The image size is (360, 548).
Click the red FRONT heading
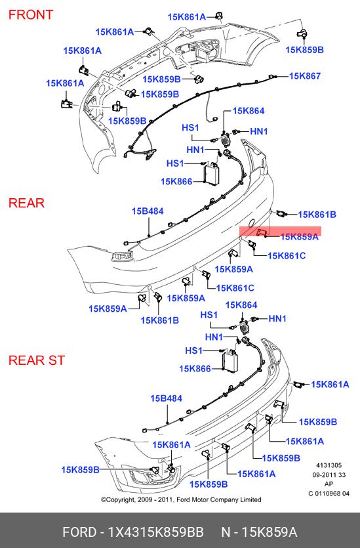[31, 14]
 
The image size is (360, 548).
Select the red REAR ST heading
[37, 360]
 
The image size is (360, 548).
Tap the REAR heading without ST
[26, 203]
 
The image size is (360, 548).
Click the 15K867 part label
[305, 76]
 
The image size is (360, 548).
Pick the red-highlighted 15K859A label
[299, 237]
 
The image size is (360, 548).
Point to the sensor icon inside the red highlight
[262, 232]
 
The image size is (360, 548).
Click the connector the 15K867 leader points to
[272, 77]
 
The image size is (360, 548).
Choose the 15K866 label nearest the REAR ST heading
[195, 369]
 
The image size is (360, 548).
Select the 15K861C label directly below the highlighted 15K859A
[287, 256]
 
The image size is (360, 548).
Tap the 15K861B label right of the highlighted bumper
[317, 215]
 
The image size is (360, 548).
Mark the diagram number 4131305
[329, 465]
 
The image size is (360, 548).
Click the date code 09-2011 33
[329, 474]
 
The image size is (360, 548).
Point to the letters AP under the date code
[329, 484]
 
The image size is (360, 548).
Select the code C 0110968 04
[329, 494]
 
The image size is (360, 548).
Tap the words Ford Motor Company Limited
[219, 500]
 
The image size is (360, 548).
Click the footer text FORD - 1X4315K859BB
[133, 532]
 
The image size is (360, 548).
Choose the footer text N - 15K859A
[259, 532]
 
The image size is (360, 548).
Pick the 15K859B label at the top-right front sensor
[304, 50]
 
